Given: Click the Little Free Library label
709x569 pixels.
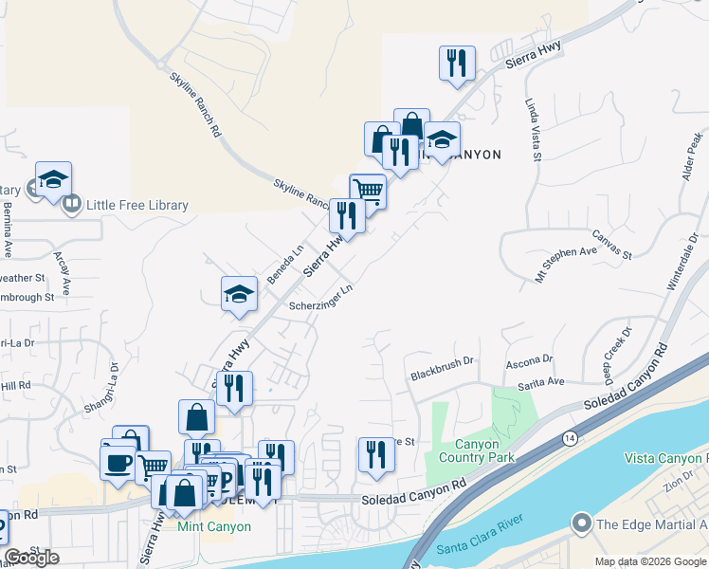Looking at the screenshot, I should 137,205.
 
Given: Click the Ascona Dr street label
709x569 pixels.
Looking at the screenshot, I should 530,360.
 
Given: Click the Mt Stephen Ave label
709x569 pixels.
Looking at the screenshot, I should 566,264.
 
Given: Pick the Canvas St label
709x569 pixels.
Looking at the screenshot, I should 611,245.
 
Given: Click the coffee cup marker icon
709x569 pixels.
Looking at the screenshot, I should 118,462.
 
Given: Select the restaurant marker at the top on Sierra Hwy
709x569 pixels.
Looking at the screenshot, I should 457,63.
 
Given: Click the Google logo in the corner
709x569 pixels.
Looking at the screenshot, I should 31,558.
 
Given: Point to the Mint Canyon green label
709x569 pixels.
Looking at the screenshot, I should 215,527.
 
